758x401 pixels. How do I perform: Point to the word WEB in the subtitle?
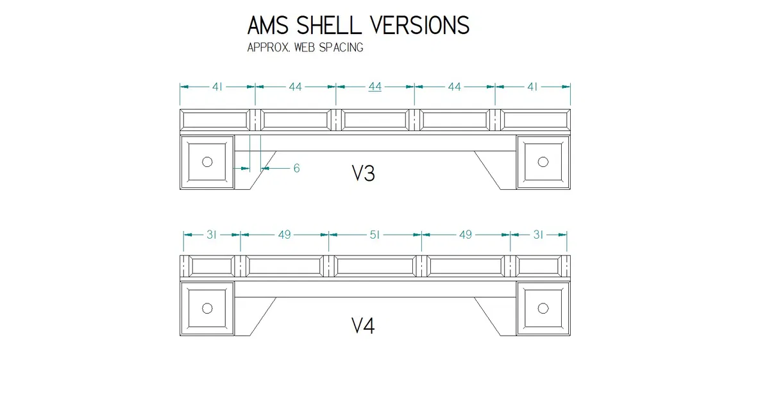pyautogui.click(x=305, y=48)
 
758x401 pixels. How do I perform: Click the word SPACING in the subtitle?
pyautogui.click(x=341, y=48)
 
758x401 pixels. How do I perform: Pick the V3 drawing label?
pyautogui.click(x=363, y=173)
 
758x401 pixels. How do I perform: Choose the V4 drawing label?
pyautogui.click(x=363, y=327)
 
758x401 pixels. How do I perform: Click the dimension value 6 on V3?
pyautogui.click(x=296, y=169)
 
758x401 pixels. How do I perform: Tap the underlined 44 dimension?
pyautogui.click(x=375, y=87)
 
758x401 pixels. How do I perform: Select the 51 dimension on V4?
pyautogui.click(x=375, y=235)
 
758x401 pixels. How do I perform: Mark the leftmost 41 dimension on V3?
pyautogui.click(x=217, y=87)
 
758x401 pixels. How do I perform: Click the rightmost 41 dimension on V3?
pyautogui.click(x=532, y=87)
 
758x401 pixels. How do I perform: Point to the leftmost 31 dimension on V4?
pyautogui.click(x=212, y=235)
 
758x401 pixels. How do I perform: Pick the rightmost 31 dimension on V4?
pyautogui.click(x=538, y=235)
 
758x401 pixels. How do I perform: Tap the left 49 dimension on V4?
pyautogui.click(x=284, y=235)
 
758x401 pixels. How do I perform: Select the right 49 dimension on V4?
pyautogui.click(x=466, y=235)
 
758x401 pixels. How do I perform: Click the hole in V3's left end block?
pyautogui.click(x=207, y=162)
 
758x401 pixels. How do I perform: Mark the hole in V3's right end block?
pyautogui.click(x=543, y=162)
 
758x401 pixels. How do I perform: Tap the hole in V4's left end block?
pyautogui.click(x=207, y=309)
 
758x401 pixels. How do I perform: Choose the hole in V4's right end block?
pyautogui.click(x=543, y=309)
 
